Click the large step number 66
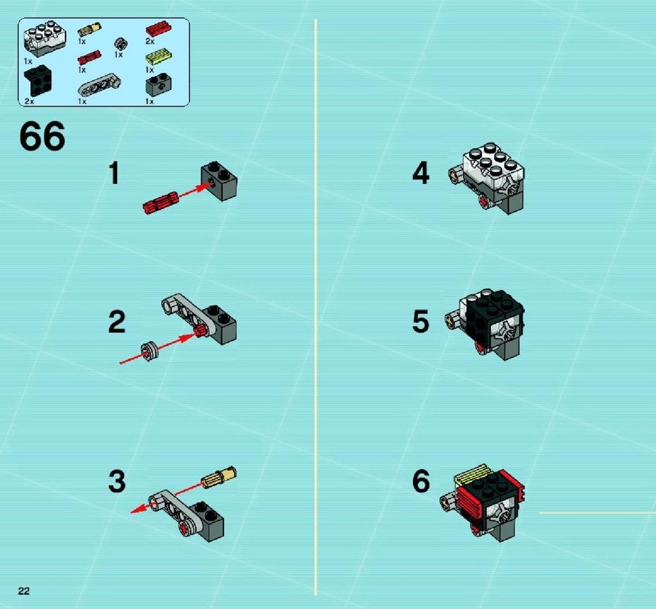pos(42,136)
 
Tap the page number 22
pos(24,591)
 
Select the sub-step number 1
pos(114,173)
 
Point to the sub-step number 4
pos(420,173)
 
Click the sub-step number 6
pos(421,480)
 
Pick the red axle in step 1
pos(160,202)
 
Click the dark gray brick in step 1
pos(219,181)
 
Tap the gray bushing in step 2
pos(150,351)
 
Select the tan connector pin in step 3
pos(219,476)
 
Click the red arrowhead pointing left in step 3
pos(138,509)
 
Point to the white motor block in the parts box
pos(45,40)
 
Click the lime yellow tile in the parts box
pos(159,58)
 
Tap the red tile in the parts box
pos(158,29)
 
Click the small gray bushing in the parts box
pos(121,44)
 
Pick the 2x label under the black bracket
pos(29,101)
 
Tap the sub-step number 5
pos(421,321)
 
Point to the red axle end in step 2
pos(200,331)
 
